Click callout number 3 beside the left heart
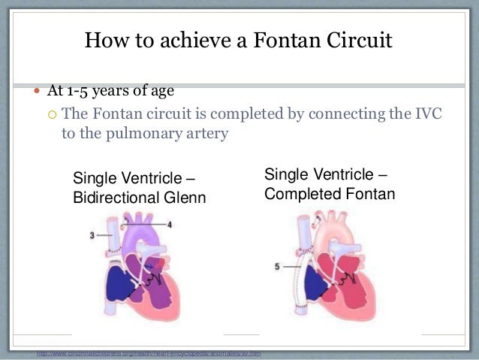pos(92,236)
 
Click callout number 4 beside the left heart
pos(170,224)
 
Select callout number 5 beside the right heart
pos(278,266)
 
